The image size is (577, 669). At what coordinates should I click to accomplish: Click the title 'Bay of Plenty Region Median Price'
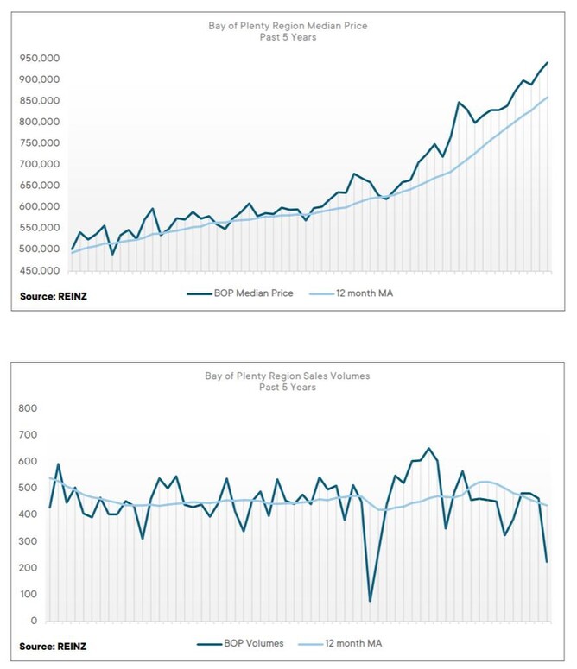pyautogui.click(x=288, y=25)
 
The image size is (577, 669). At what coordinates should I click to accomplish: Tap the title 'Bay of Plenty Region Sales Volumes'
pyautogui.click(x=288, y=376)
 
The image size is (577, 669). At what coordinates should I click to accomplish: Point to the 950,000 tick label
pyautogui.click(x=38, y=58)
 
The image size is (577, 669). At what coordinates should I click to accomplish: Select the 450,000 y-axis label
pyautogui.click(x=38, y=270)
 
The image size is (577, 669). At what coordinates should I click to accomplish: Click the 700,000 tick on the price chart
pyautogui.click(x=38, y=164)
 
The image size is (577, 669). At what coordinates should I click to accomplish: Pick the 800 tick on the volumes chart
pyautogui.click(x=28, y=408)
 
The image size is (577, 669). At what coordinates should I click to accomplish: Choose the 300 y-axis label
pyautogui.click(x=28, y=541)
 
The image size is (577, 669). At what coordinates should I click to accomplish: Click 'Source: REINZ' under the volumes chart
pyautogui.click(x=53, y=646)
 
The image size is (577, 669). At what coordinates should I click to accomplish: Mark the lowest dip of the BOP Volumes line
pyautogui.click(x=371, y=601)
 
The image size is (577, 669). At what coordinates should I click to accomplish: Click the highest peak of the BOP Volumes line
pyautogui.click(x=428, y=448)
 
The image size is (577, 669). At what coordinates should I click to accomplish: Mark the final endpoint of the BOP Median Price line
pyautogui.click(x=548, y=62)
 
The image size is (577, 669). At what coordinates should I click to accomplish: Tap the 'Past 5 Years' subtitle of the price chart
pyautogui.click(x=288, y=37)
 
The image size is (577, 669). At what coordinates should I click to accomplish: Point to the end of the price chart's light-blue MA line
pyautogui.click(x=548, y=98)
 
